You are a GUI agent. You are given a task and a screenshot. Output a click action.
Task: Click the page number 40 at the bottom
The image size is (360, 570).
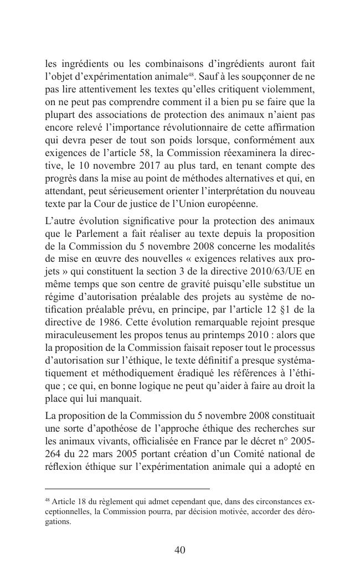coord(179,550)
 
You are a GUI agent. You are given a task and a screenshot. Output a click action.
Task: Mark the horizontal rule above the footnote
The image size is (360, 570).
coord(127,489)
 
